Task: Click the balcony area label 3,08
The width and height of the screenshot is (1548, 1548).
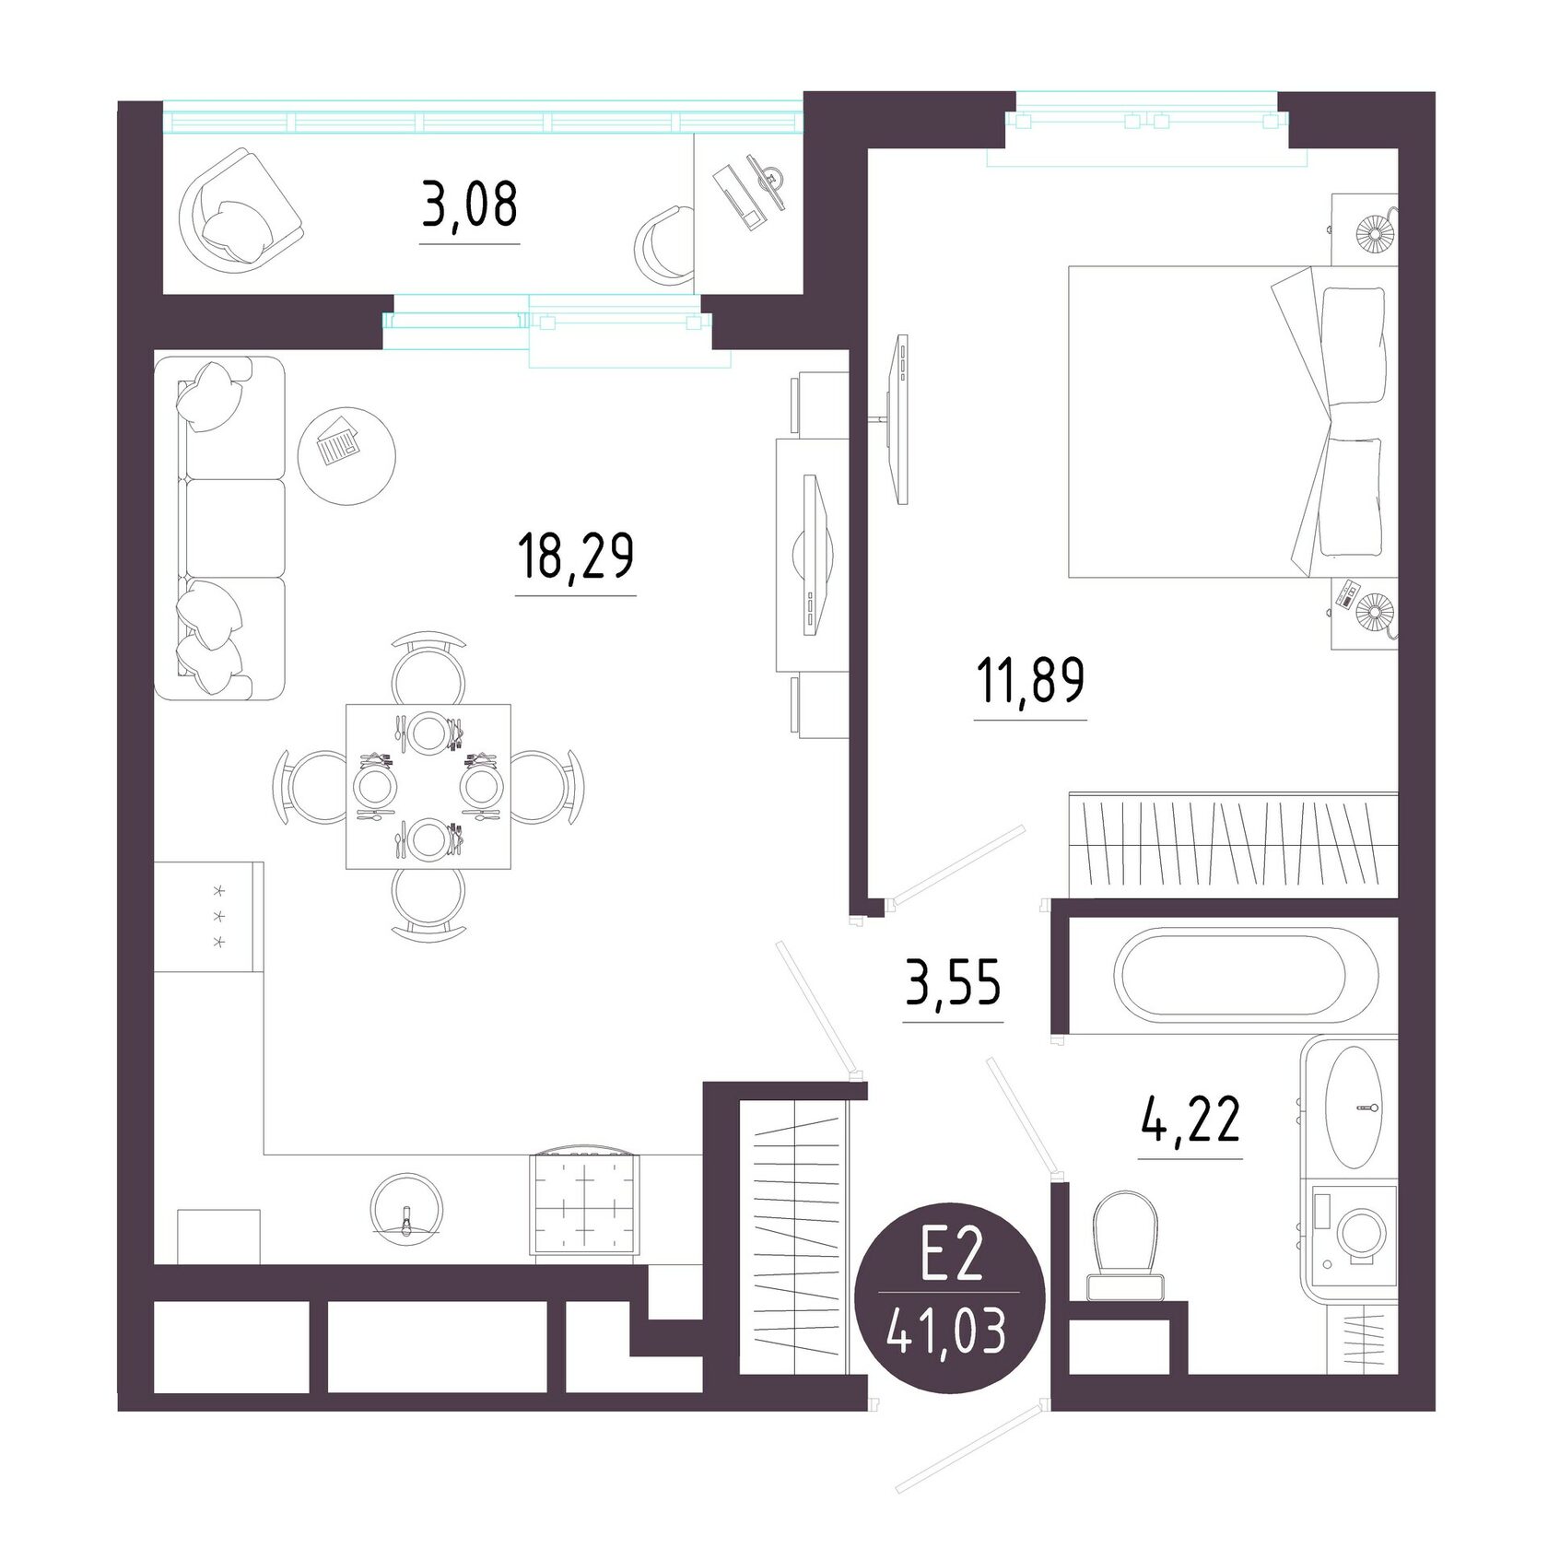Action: pyautogui.click(x=470, y=205)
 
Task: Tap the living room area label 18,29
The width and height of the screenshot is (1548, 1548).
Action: pyautogui.click(x=576, y=556)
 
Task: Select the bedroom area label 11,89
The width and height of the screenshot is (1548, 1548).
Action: pyautogui.click(x=1030, y=680)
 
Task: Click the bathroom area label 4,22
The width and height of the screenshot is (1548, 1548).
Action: pyautogui.click(x=1190, y=1119)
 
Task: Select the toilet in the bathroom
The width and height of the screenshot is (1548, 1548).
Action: pyautogui.click(x=1124, y=1244)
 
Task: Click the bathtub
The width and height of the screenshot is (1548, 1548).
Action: pyautogui.click(x=1247, y=977)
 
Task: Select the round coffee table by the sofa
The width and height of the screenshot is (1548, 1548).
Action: pyautogui.click(x=347, y=455)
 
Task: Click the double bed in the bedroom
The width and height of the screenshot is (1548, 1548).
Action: pyautogui.click(x=1233, y=422)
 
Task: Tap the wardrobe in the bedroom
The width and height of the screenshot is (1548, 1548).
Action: pyautogui.click(x=1233, y=844)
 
